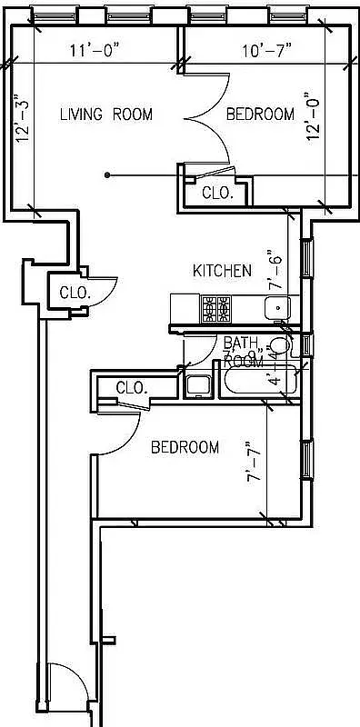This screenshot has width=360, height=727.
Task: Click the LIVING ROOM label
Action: click(x=105, y=115)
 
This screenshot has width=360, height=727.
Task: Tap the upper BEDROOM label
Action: click(x=260, y=115)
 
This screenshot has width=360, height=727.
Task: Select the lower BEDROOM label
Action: click(x=185, y=447)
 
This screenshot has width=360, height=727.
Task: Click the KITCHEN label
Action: click(x=222, y=270)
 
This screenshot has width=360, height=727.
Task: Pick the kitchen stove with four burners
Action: click(x=216, y=309)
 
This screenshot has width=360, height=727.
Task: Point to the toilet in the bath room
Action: click(x=281, y=346)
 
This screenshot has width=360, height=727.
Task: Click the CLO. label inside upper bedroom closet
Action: click(x=217, y=193)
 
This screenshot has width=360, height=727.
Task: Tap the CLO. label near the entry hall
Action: click(x=74, y=293)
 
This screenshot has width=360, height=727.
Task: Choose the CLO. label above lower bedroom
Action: click(x=132, y=387)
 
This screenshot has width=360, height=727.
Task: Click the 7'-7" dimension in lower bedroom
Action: click(x=256, y=463)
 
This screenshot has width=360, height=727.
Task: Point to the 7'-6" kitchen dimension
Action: click(x=276, y=270)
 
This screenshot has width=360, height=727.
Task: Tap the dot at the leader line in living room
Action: click(x=107, y=174)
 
